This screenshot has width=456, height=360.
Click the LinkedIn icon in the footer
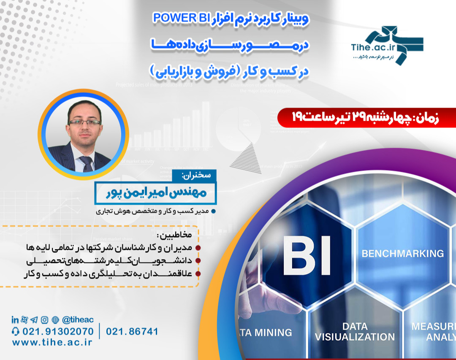click(x=15, y=320)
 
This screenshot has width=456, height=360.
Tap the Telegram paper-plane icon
click(x=34, y=320)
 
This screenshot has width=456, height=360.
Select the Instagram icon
click(x=44, y=320)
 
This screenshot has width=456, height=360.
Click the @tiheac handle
click(x=78, y=320)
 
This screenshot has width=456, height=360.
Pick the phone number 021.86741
click(x=132, y=331)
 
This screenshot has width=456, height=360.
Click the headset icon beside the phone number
click(x=16, y=331)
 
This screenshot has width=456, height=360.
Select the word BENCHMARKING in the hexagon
click(x=403, y=254)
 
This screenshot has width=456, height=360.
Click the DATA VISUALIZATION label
click(x=355, y=332)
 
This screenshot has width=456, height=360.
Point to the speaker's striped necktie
click(x=87, y=162)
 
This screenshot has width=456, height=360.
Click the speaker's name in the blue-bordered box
click(x=155, y=193)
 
